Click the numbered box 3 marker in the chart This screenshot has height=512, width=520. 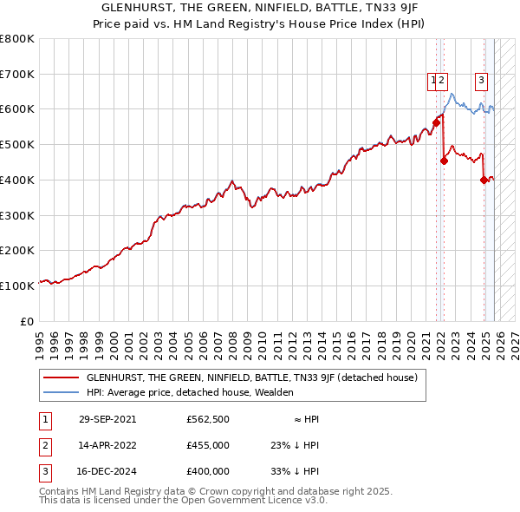click(481, 81)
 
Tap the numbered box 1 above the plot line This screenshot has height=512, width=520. click(432, 81)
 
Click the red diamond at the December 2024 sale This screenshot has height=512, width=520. click(484, 181)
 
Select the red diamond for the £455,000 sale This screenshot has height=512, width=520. click(444, 161)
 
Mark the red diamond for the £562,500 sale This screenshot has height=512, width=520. click(436, 123)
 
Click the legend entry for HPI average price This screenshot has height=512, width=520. click(190, 392)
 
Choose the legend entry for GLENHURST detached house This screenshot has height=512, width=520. click(251, 377)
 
